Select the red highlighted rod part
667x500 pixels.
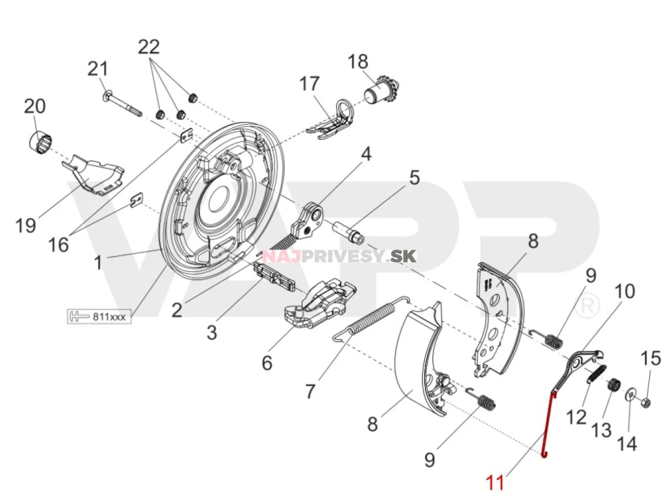tap(549, 424)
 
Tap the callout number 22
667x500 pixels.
tap(149, 47)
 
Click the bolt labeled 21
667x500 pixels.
tap(121, 100)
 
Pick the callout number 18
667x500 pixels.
tap(358, 62)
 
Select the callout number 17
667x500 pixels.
tap(309, 85)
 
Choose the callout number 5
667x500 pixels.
tap(414, 178)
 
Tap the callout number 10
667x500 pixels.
tap(625, 291)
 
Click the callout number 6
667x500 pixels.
tap(267, 363)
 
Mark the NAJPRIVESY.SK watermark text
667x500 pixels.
tap(327, 257)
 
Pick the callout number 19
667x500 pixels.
tap(26, 226)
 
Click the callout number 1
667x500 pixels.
tap(97, 263)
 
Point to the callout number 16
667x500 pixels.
tap(59, 245)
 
